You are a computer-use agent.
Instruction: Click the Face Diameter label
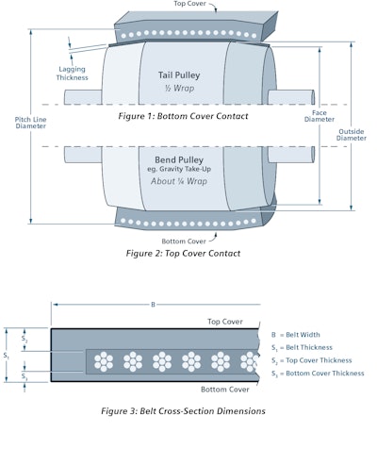(x=321, y=116)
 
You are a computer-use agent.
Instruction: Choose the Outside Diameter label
(x=352, y=133)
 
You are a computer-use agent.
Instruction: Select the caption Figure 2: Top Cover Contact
(x=183, y=253)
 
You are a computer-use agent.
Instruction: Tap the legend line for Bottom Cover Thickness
(x=323, y=373)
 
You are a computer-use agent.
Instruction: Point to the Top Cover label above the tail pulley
(x=192, y=4)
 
